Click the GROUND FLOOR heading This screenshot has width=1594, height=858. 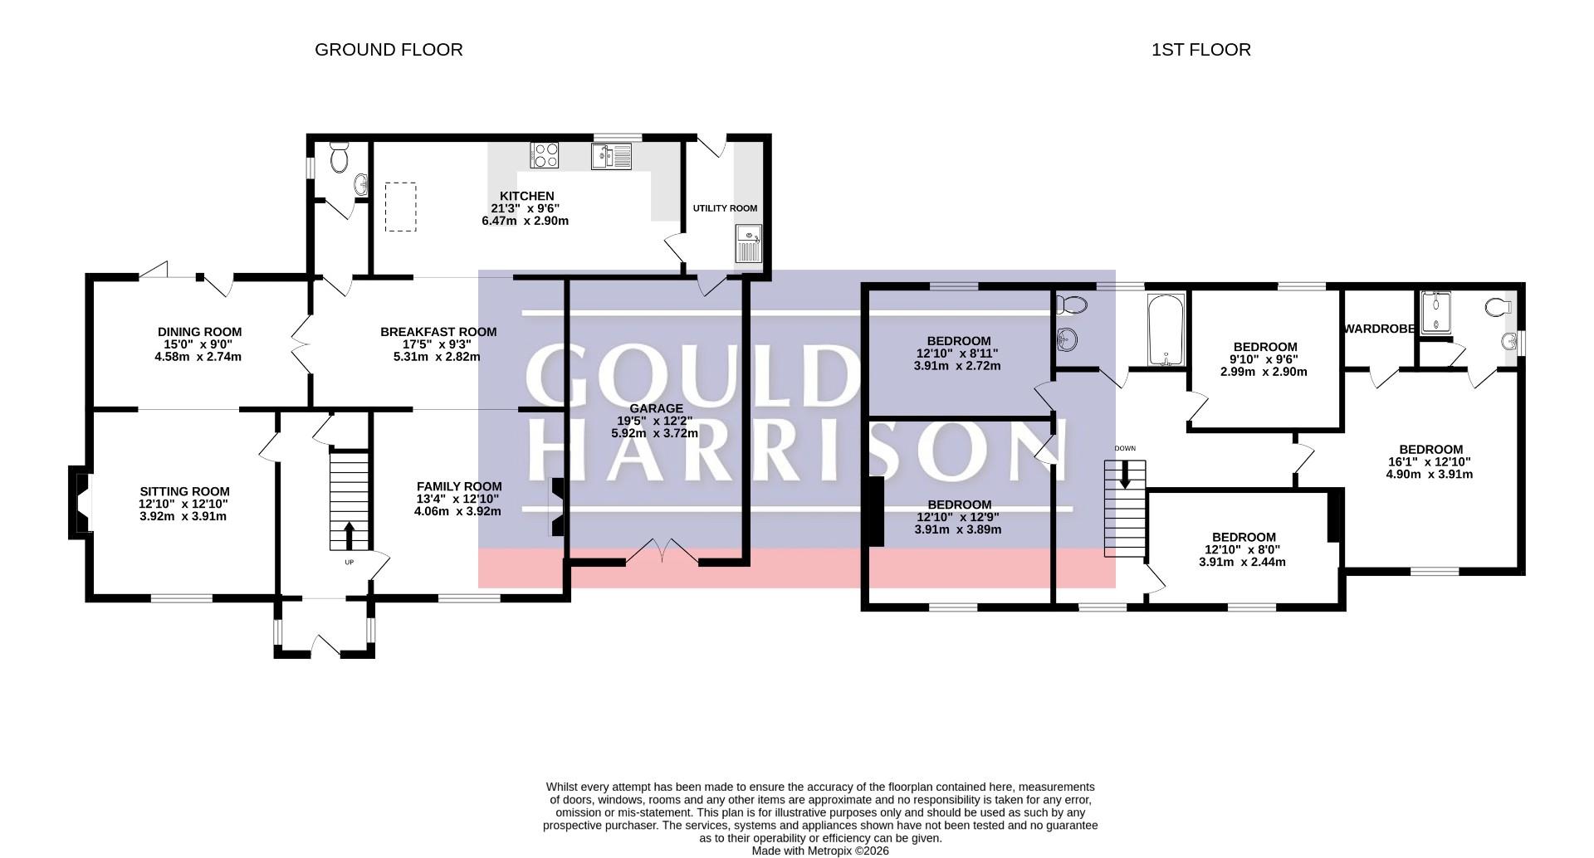tap(389, 50)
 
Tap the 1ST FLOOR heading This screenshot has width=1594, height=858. tap(1200, 50)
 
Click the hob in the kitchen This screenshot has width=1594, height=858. tap(545, 155)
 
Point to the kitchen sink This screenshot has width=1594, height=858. tap(612, 156)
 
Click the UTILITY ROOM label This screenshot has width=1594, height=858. tap(725, 208)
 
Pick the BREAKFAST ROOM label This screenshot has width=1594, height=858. tap(438, 332)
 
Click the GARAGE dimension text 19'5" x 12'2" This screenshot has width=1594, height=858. tap(656, 421)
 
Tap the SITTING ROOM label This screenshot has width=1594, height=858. tap(184, 491)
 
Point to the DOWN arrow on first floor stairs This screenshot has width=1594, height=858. tap(1125, 475)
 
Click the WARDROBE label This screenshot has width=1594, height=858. tap(1379, 329)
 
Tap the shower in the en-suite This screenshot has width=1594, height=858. tap(1435, 313)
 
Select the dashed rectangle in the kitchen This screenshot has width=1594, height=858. tap(400, 207)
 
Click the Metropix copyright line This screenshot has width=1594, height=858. tap(820, 851)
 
